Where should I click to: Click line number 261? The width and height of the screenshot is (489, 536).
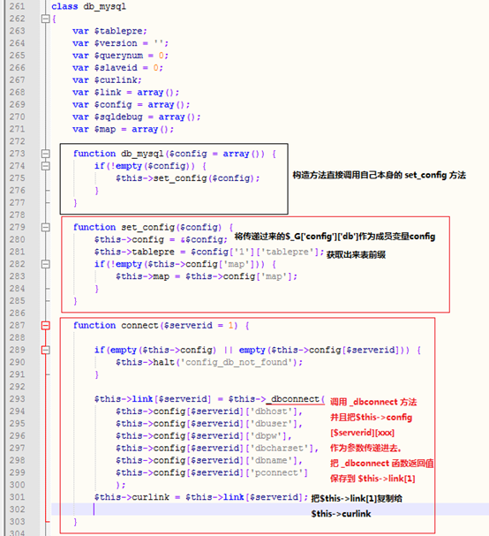click(x=17, y=6)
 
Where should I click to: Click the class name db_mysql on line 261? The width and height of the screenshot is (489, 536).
click(x=104, y=7)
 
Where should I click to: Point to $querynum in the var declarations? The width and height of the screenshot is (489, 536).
click(x=118, y=56)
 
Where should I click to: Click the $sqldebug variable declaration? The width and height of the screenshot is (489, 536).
click(x=118, y=117)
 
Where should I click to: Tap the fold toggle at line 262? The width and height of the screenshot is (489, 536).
click(x=45, y=19)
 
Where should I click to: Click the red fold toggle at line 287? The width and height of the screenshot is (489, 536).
click(x=45, y=326)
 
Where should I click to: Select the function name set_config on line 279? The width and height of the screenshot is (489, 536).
click(x=148, y=227)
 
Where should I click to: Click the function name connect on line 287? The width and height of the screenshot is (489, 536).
click(x=139, y=326)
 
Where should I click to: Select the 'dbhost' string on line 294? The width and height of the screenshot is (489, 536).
click(x=271, y=411)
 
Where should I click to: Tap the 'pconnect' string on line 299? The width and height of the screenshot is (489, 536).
click(x=276, y=472)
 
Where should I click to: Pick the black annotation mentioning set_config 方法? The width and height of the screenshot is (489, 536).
click(x=379, y=176)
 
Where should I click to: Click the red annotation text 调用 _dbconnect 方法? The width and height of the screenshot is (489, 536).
click(x=373, y=402)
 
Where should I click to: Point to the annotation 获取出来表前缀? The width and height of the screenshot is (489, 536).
click(x=356, y=254)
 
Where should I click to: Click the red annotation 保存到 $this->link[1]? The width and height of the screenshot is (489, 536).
click(x=372, y=479)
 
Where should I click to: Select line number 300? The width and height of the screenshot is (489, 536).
click(x=17, y=485)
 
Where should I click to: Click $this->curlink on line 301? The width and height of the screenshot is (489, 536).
click(x=132, y=497)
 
